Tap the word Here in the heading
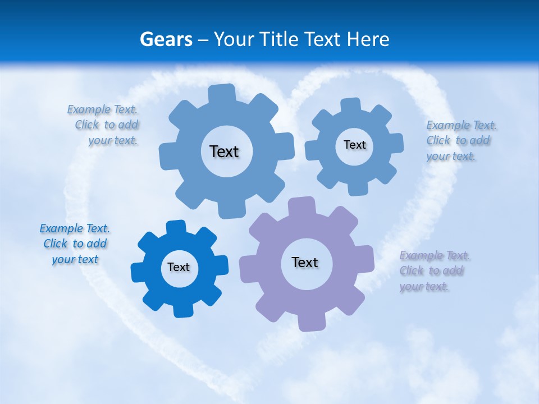368,39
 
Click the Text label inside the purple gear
305,263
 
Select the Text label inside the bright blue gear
179,268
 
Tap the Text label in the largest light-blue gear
224,151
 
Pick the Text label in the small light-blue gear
354,145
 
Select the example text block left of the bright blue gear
75,244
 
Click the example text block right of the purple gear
434,271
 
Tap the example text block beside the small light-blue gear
460,141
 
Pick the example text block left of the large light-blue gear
104,125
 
